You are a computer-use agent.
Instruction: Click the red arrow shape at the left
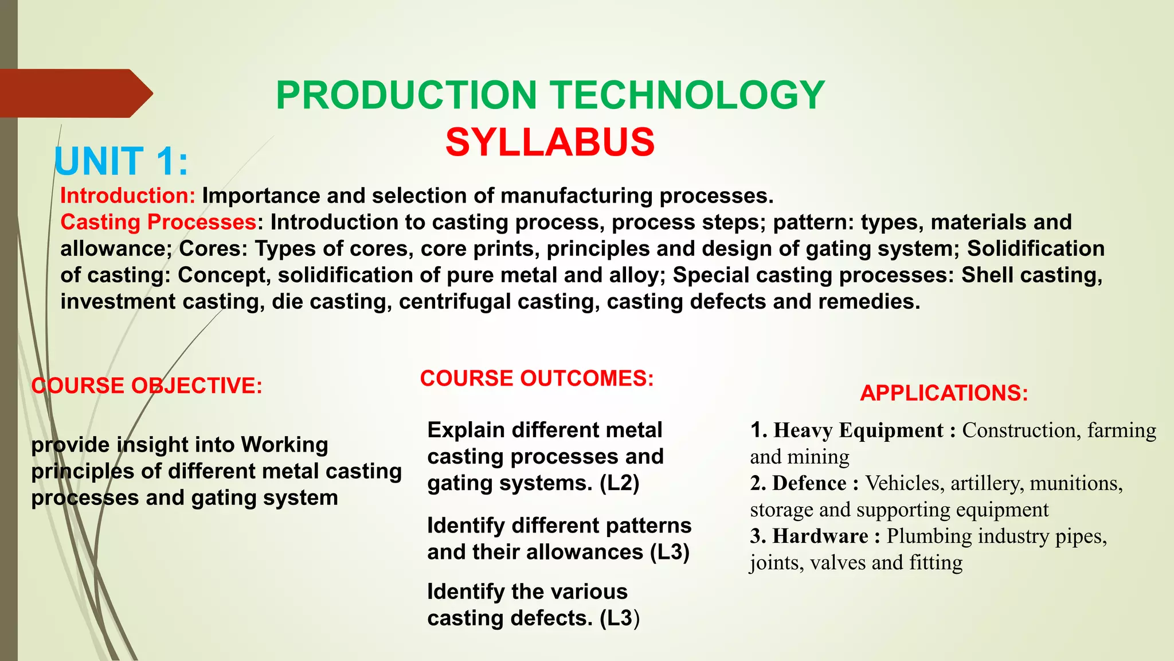coord(75,94)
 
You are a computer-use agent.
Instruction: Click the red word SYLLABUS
coord(550,142)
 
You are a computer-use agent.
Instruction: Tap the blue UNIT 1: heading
coord(121,162)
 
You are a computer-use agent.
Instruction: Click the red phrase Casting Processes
coord(158,222)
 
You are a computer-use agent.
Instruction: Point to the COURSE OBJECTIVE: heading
coord(147,386)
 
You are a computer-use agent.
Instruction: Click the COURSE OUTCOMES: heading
coord(537,379)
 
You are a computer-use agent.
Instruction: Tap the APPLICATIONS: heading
coord(944,393)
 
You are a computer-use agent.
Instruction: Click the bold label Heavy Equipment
coord(858,430)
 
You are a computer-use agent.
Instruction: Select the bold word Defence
coord(809,483)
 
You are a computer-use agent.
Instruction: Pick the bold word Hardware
coord(820,536)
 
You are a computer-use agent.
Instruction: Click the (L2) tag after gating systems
coord(619,483)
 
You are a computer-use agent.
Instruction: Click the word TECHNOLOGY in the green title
coord(687,95)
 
